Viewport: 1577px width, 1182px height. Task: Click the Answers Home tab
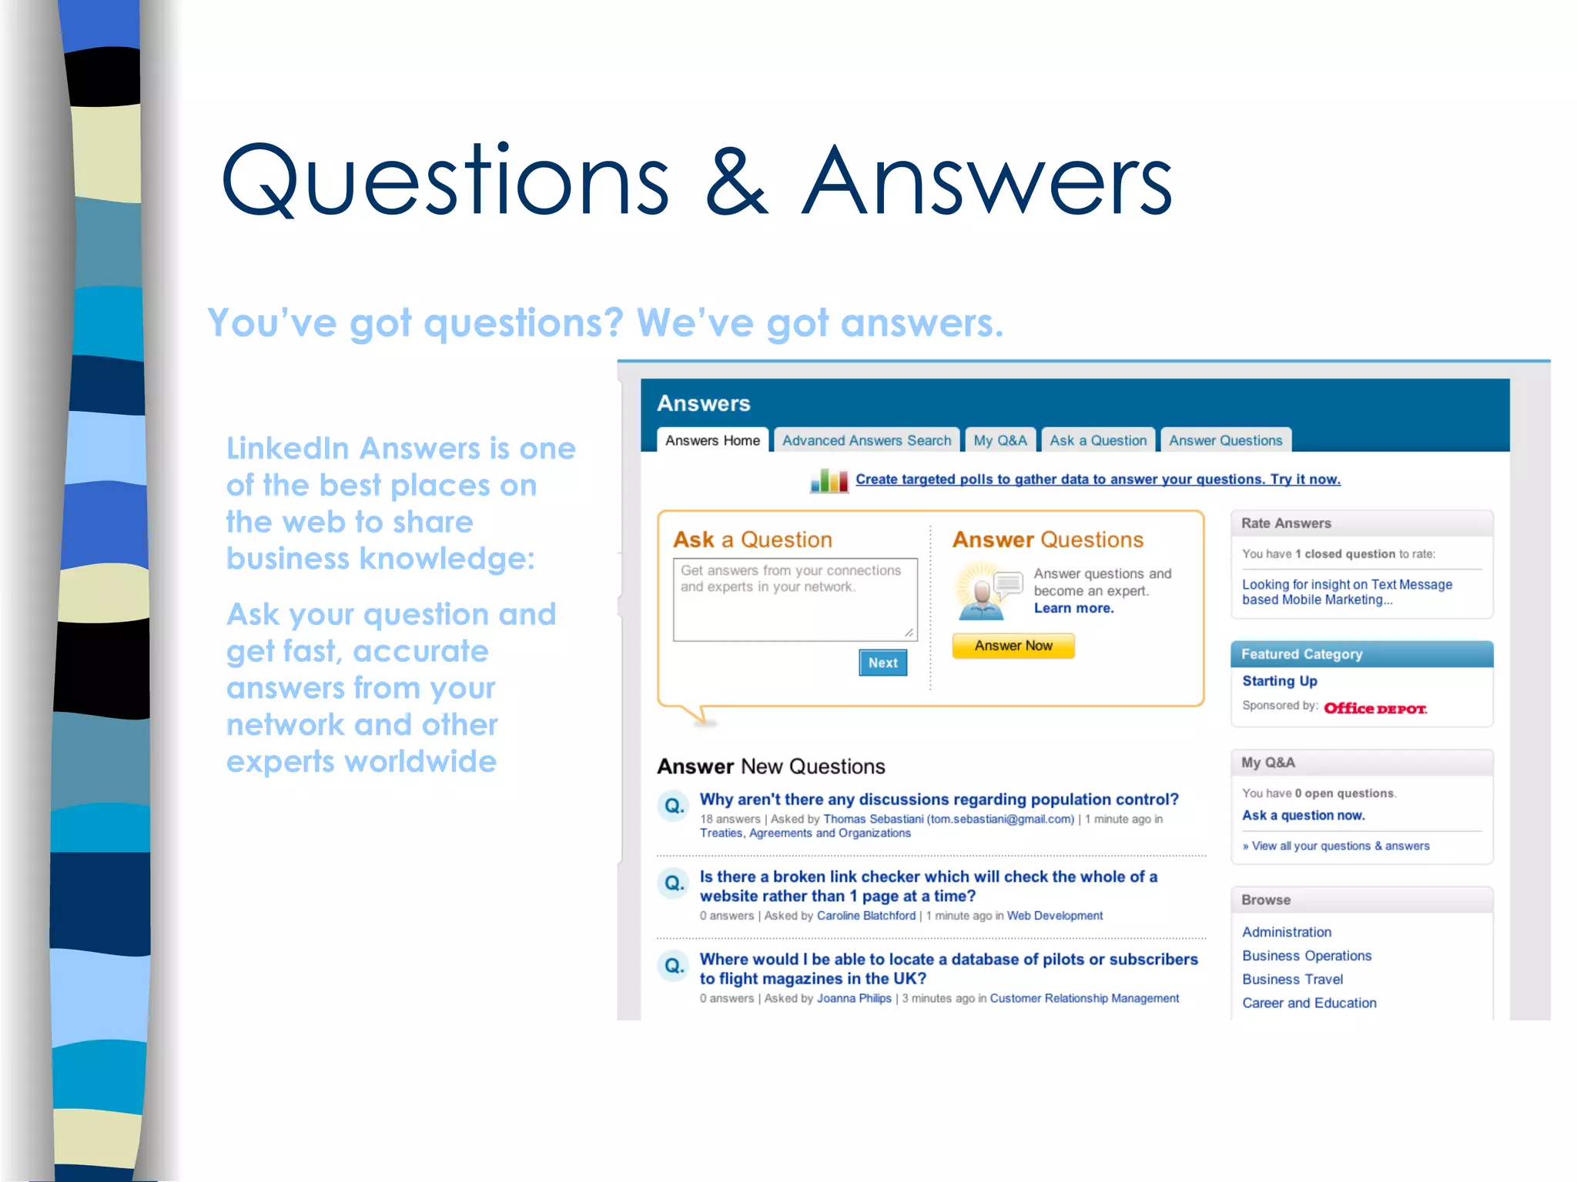pyautogui.click(x=712, y=440)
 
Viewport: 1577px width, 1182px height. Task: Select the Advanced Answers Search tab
pyautogui.click(x=866, y=440)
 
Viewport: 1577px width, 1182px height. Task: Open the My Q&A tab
pyautogui.click(x=999, y=440)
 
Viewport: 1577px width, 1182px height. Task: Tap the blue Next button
pyautogui.click(x=882, y=663)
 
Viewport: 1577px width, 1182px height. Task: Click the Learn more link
pyautogui.click(x=1073, y=608)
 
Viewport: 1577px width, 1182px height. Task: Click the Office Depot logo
pyautogui.click(x=1374, y=708)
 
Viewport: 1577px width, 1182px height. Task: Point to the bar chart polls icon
pyautogui.click(x=829, y=480)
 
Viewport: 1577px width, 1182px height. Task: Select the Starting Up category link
pyautogui.click(x=1279, y=681)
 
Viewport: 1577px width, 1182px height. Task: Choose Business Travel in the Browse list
pyautogui.click(x=1292, y=979)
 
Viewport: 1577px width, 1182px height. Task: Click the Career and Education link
pyautogui.click(x=1309, y=1003)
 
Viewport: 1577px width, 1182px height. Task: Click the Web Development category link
pyautogui.click(x=1055, y=916)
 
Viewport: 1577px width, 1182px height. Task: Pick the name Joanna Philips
pyautogui.click(x=854, y=998)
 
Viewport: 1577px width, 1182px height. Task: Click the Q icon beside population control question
pyautogui.click(x=674, y=806)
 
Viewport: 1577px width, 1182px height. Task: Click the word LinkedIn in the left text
pyautogui.click(x=287, y=449)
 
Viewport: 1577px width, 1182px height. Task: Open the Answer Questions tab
pyautogui.click(x=1225, y=440)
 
